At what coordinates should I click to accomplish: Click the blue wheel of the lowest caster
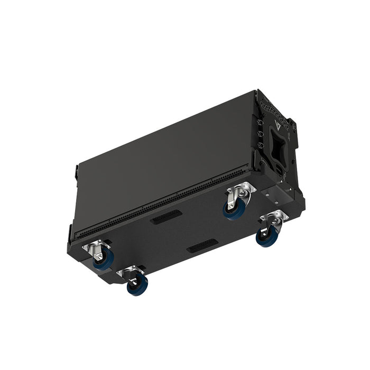[x=137, y=286]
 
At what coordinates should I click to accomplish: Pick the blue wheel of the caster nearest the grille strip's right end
[x=234, y=208]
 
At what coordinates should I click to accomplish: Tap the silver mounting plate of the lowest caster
[x=130, y=272]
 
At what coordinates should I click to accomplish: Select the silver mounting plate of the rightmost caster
[x=274, y=216]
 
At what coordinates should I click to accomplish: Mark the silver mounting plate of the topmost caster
[x=241, y=189]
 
